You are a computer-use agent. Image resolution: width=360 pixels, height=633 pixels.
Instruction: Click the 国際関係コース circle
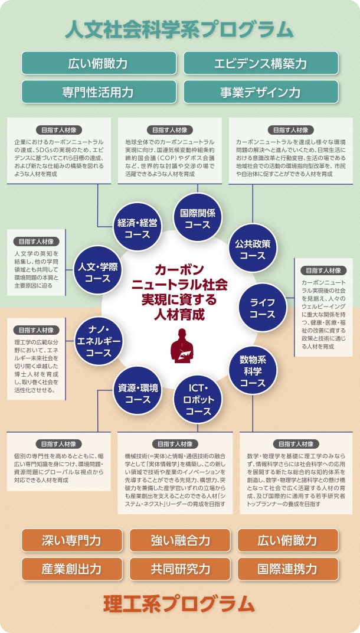pos(198,217)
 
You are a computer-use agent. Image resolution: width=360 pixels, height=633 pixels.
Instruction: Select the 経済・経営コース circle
pos(138,227)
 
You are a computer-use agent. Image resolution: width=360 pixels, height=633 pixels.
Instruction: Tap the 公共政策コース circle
pos(253,248)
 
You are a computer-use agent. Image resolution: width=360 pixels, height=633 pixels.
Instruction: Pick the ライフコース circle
pos(263,307)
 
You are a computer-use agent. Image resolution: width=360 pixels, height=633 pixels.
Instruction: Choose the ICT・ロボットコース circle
pos(198,399)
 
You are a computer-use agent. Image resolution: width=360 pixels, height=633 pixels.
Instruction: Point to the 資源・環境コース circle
pos(138,391)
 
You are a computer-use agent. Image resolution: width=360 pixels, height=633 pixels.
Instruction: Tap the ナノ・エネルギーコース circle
pos(99,341)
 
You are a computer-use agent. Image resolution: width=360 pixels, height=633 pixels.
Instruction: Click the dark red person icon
pos(181,345)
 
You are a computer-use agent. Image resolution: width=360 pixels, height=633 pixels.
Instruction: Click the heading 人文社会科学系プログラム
pos(179,30)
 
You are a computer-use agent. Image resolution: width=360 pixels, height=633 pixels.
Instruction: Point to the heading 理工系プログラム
pos(179,604)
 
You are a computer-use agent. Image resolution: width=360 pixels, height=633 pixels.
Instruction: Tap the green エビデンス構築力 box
pos(261,63)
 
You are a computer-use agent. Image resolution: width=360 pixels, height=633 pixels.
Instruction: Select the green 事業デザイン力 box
pos(261,92)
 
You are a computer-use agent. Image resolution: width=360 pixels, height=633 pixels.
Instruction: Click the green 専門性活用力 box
pos(99,92)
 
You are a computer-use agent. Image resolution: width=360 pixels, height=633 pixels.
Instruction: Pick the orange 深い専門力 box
pos(72,540)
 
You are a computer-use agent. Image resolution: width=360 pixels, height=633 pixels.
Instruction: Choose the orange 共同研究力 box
pos(180,569)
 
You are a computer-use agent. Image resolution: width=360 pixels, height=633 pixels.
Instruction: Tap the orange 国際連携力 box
pos(288,569)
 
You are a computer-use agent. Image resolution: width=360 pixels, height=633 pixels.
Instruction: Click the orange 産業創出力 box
pos(72,569)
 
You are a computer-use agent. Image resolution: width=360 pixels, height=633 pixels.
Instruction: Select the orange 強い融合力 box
pos(180,540)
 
